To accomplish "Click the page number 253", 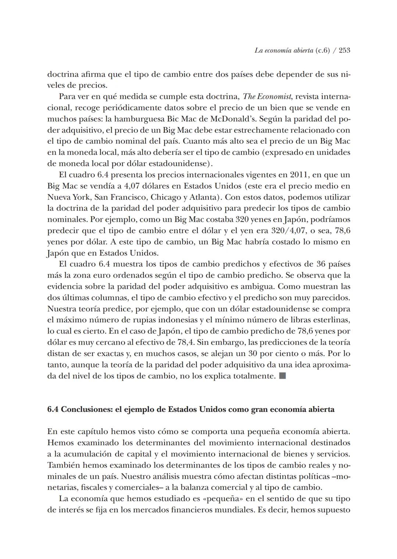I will (344, 50).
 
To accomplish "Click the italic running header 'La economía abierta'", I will (284, 50).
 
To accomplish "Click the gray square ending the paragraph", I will (282, 376).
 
